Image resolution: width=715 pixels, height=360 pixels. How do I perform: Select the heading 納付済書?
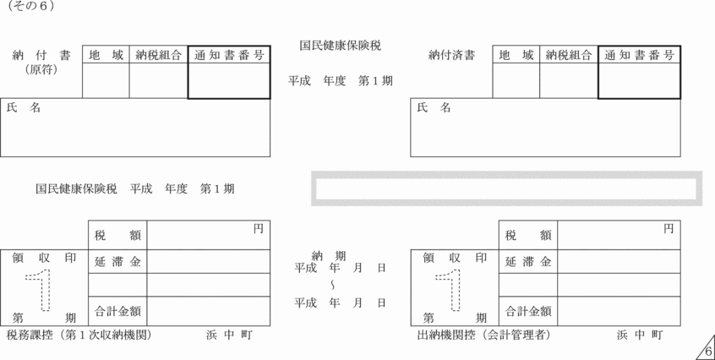pyautogui.click(x=451, y=56)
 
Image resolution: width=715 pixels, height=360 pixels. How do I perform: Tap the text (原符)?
pyautogui.click(x=41, y=70)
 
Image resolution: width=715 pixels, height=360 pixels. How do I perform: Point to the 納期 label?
pyautogui.click(x=329, y=255)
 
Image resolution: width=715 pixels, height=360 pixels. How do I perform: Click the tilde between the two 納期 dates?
pyautogui.click(x=332, y=284)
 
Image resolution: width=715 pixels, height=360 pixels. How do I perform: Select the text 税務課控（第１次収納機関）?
pyautogui.click(x=79, y=335)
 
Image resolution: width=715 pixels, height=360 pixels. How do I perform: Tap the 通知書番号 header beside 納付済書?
pyautogui.click(x=640, y=55)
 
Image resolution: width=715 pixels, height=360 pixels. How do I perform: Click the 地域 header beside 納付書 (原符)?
pyautogui.click(x=106, y=55)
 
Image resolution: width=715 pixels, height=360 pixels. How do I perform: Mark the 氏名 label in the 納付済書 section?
pyautogui.click(x=434, y=108)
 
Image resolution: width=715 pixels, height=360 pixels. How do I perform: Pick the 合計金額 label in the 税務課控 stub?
pyautogui.click(x=117, y=311)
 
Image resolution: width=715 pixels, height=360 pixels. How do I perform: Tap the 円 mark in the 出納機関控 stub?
pyautogui.click(x=669, y=228)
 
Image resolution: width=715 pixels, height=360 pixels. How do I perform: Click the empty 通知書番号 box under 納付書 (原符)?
pyautogui.click(x=228, y=81)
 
